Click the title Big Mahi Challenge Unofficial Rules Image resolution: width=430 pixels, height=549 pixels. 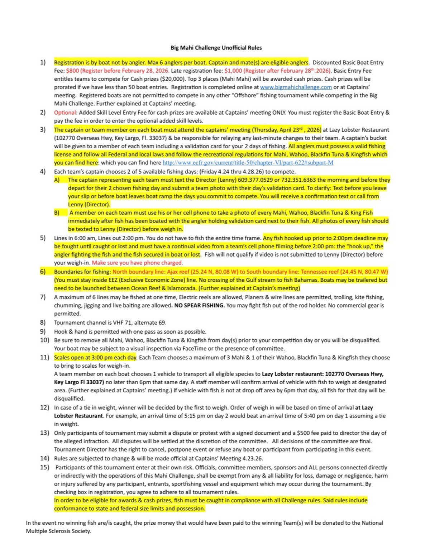(x=216, y=48)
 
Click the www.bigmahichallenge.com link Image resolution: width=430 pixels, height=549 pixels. (x=296, y=87)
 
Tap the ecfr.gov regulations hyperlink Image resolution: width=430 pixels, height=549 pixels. (x=248, y=163)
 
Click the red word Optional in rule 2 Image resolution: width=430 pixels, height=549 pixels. (x=65, y=113)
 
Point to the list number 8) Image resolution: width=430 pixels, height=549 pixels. (x=43, y=323)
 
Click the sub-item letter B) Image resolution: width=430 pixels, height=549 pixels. (x=57, y=213)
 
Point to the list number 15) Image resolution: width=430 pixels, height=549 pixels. (x=44, y=467)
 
